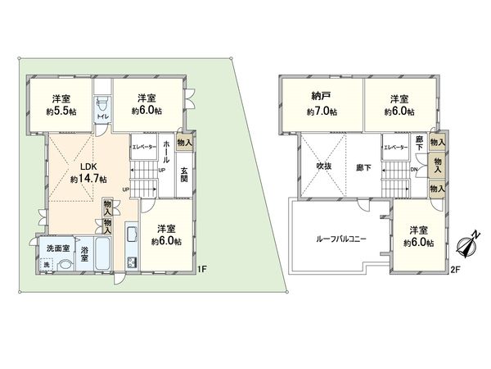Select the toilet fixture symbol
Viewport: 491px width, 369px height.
tap(101, 107)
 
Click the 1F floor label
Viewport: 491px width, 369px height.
tap(203, 268)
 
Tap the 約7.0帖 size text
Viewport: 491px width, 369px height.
tap(322, 112)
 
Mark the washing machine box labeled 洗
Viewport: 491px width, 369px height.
tap(47, 265)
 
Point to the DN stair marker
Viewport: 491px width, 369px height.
tap(415, 171)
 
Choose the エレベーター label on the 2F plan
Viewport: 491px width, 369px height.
tap(395, 148)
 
